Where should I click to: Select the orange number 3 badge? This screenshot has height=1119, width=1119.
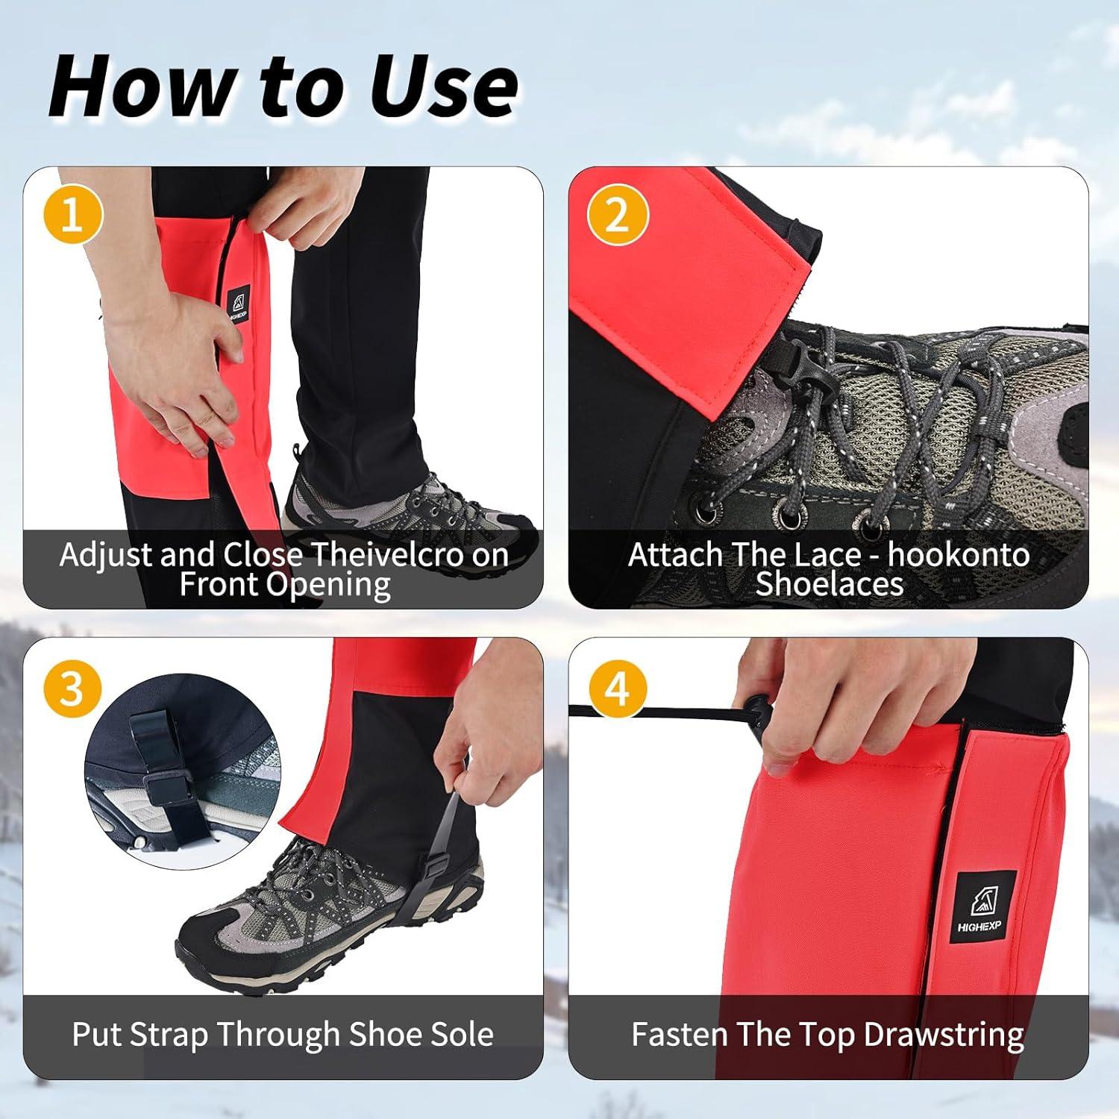click(72, 687)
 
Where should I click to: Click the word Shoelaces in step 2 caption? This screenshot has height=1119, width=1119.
click(829, 584)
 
